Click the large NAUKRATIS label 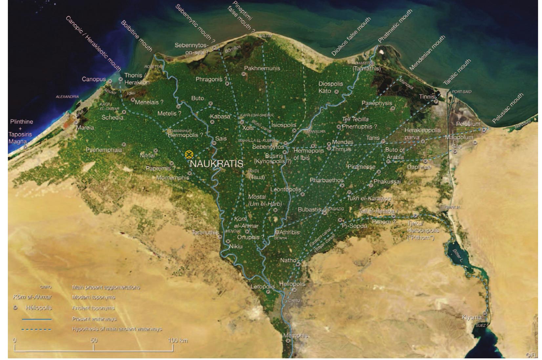[x=217, y=164]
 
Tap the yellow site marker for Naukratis [x=188, y=154]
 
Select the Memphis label [x=296, y=335]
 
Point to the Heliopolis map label [x=292, y=284]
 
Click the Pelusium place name [x=468, y=124]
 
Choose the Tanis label [x=373, y=138]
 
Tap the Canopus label [x=94, y=79]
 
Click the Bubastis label [x=309, y=209]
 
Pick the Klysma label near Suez [x=471, y=317]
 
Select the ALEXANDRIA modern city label [x=67, y=97]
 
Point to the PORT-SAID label [x=462, y=92]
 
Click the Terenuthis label [x=205, y=232]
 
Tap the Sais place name [x=221, y=138]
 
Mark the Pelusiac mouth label [x=508, y=108]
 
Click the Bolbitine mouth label [x=136, y=36]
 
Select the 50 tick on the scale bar [x=94, y=340]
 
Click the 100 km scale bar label [x=177, y=340]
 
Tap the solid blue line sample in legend [x=36, y=319]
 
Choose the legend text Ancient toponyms [x=94, y=308]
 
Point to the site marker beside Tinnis [x=436, y=102]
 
